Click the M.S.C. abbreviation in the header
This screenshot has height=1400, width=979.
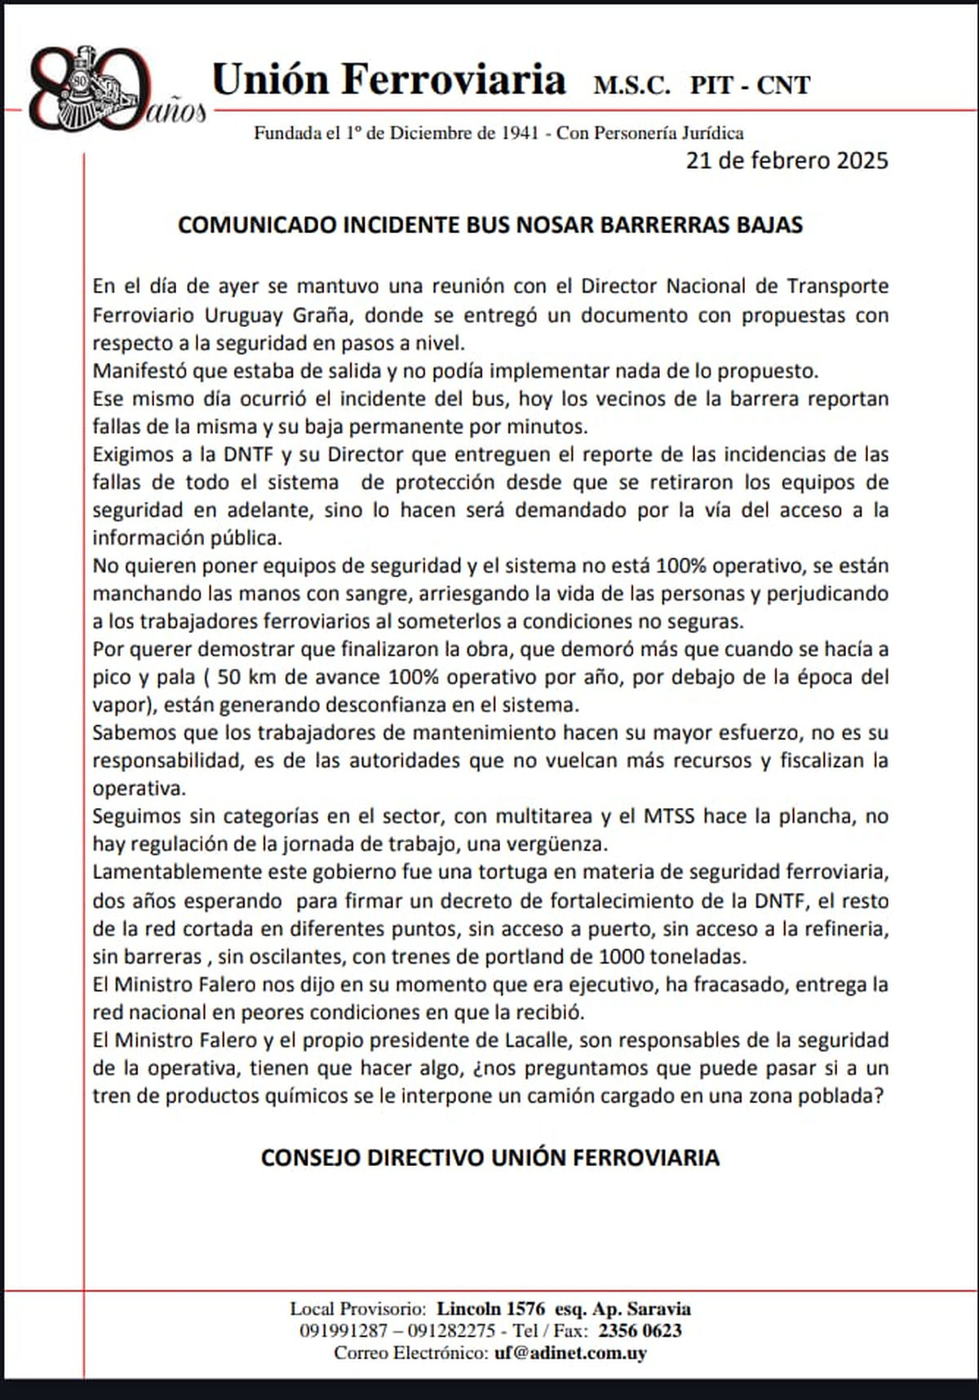pyautogui.click(x=631, y=86)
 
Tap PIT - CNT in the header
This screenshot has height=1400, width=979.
pyautogui.click(x=750, y=86)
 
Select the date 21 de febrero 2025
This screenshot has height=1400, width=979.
pyautogui.click(x=786, y=160)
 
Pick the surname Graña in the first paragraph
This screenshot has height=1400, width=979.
pyautogui.click(x=327, y=316)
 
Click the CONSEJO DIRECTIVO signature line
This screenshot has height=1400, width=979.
pyautogui.click(x=489, y=1158)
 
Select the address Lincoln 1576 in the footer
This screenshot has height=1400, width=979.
pyautogui.click(x=491, y=1309)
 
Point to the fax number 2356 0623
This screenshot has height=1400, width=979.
pyautogui.click(x=640, y=1331)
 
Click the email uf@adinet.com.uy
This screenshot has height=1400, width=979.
pyautogui.click(x=570, y=1353)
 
